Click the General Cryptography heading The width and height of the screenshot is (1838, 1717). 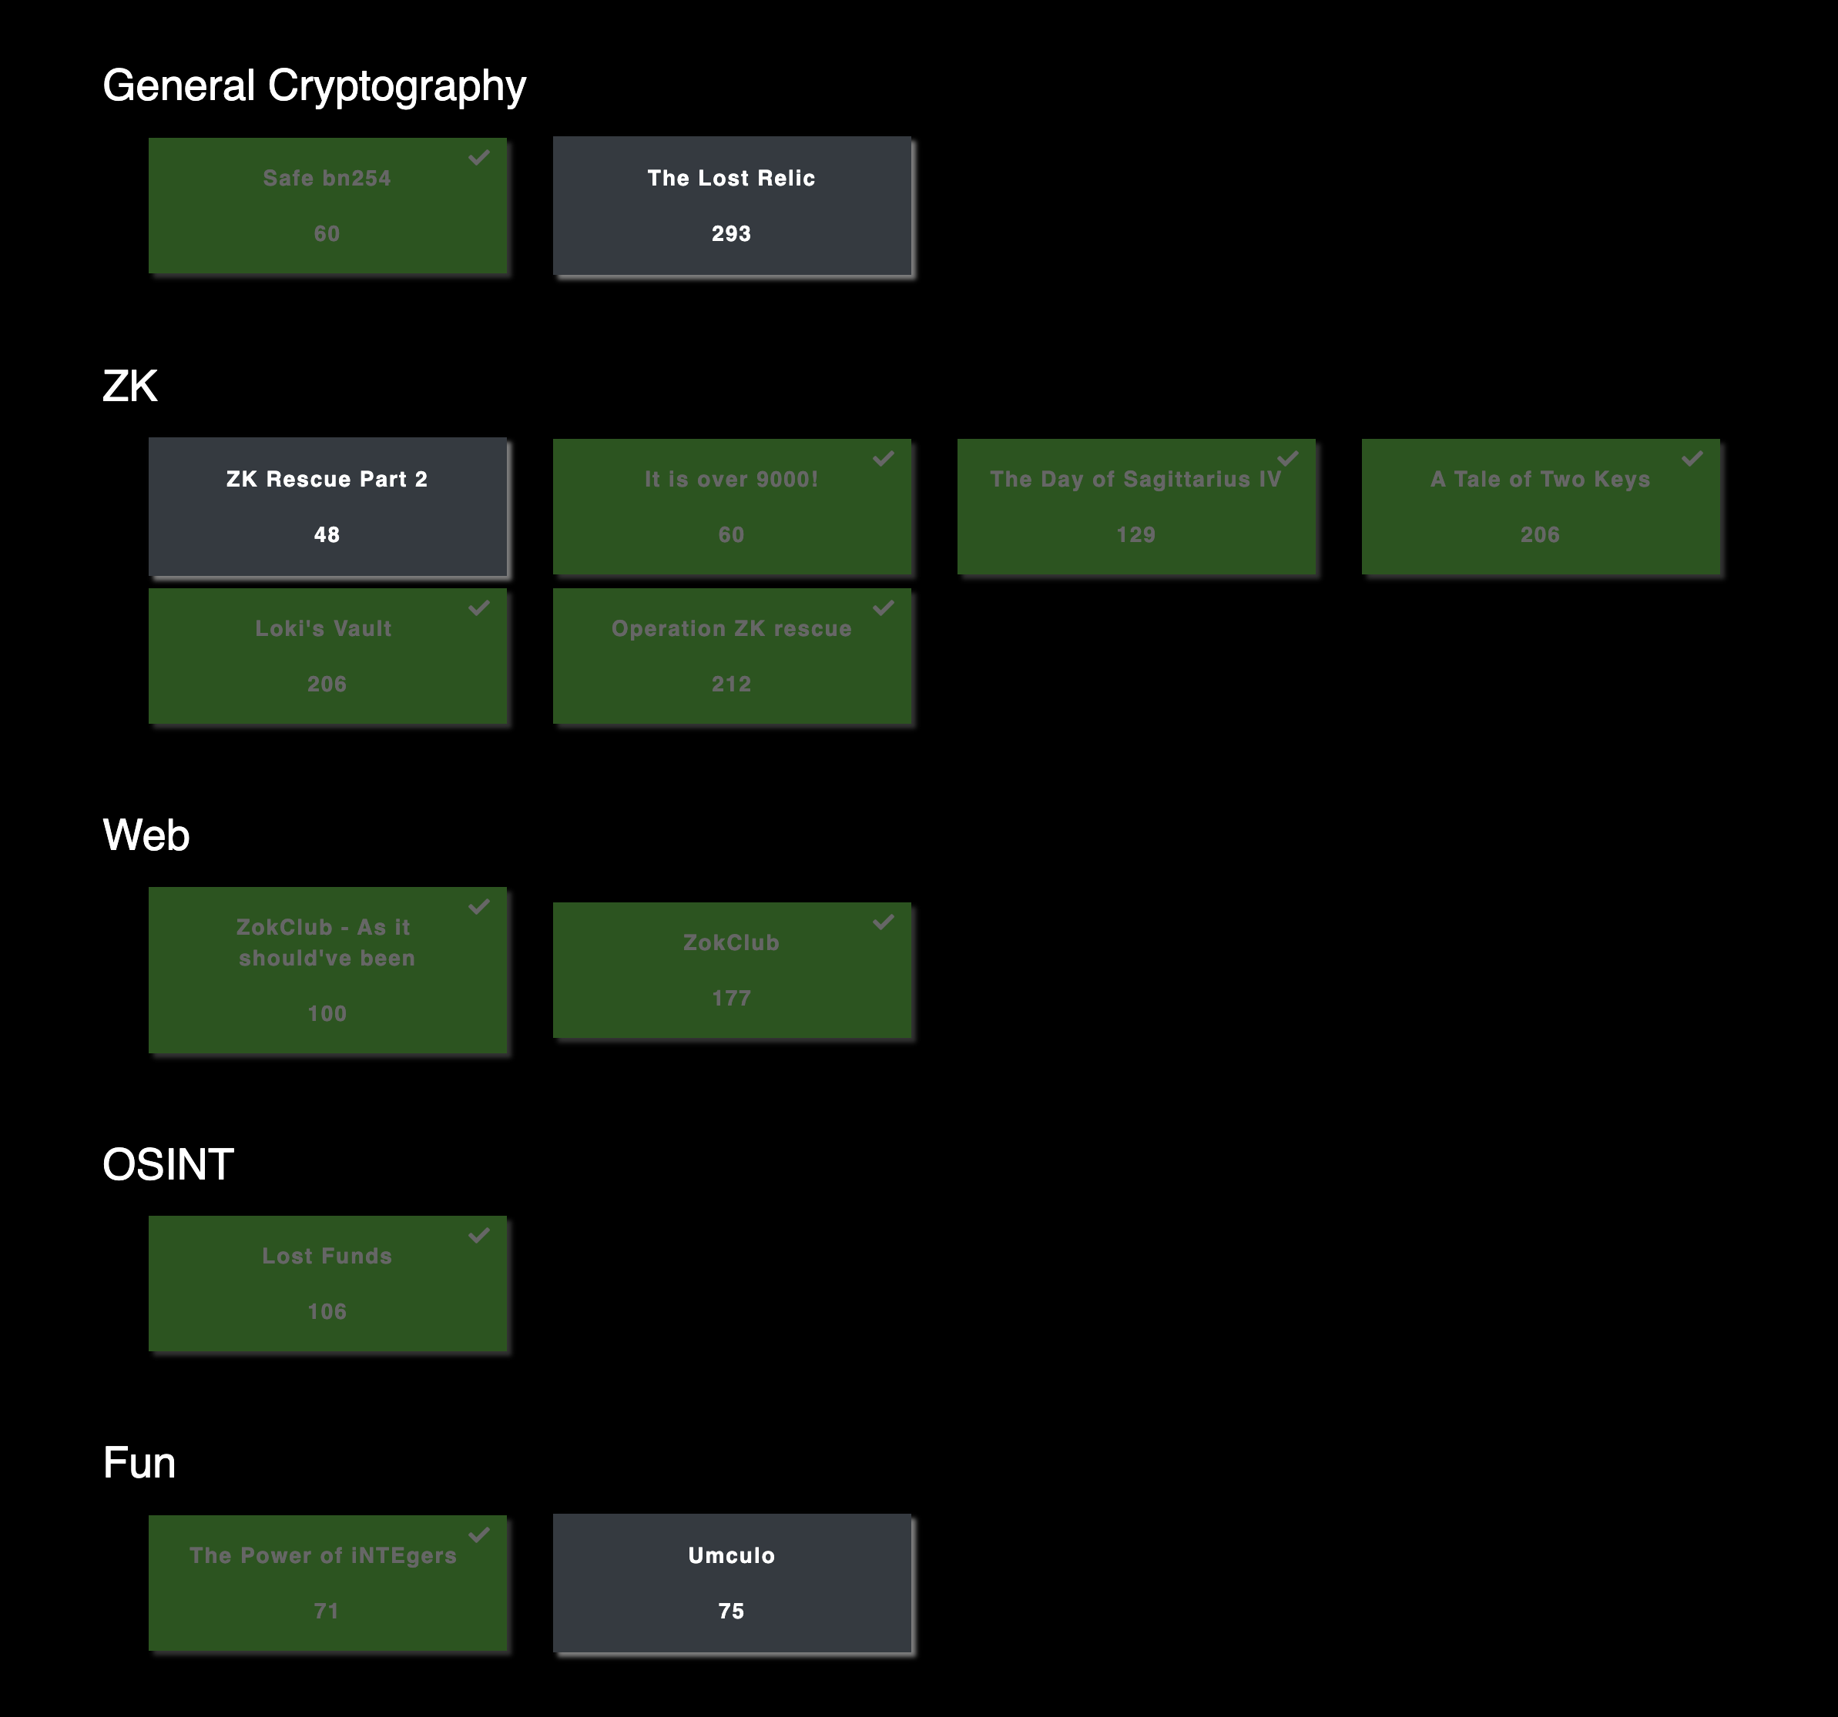[x=314, y=86]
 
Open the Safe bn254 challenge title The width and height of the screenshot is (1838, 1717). [x=327, y=179]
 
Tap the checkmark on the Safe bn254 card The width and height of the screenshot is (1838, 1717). [x=479, y=157]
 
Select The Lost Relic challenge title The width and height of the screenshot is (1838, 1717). [x=730, y=179]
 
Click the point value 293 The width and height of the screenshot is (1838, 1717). [x=730, y=234]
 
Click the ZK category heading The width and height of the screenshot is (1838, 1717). [x=130, y=387]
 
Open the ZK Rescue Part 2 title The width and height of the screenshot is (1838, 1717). [x=327, y=479]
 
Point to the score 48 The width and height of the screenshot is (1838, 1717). [x=327, y=534]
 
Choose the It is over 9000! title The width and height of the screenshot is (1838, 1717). [x=730, y=479]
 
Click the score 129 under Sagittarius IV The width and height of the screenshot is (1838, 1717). [x=1135, y=534]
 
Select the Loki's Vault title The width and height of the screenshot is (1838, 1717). [x=324, y=628]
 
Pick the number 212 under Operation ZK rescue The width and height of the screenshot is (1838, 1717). [x=730, y=684]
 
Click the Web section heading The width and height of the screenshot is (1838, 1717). [x=146, y=835]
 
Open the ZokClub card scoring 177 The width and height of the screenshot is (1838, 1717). [x=730, y=942]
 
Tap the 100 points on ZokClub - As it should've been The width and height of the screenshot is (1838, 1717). [x=327, y=1014]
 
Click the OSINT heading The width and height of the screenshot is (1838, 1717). [x=167, y=1164]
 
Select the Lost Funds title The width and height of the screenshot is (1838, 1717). [x=327, y=1256]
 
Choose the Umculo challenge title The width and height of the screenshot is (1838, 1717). [x=730, y=1555]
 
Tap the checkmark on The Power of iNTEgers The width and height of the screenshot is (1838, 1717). [x=479, y=1535]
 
